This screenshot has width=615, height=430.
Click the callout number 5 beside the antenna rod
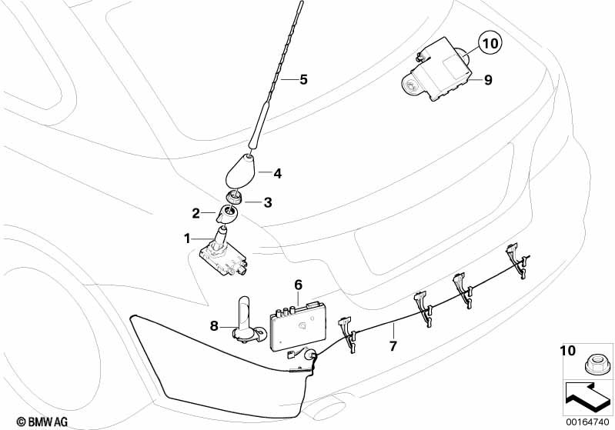(x=303, y=79)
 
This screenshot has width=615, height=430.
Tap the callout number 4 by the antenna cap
(x=277, y=174)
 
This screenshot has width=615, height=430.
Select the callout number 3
(x=267, y=203)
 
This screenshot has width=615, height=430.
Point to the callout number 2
(x=196, y=213)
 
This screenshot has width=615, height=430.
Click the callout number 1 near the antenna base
(x=186, y=238)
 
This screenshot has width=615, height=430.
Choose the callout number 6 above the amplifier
(x=298, y=285)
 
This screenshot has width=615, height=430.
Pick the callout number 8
(x=216, y=325)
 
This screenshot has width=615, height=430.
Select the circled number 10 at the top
(x=491, y=44)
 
